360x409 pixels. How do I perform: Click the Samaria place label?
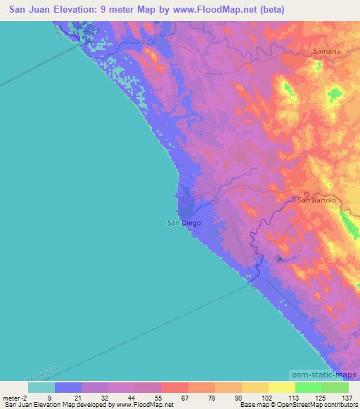click(326, 52)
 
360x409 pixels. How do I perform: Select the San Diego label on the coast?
click(184, 223)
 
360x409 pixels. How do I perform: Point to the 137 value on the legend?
click(347, 397)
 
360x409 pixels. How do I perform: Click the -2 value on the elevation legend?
click(26, 397)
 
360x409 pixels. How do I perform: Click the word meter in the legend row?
click(12, 397)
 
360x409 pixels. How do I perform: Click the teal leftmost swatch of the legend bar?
click(41, 387)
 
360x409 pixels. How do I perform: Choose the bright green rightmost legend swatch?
click(335, 387)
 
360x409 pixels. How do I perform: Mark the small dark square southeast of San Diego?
click(280, 259)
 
